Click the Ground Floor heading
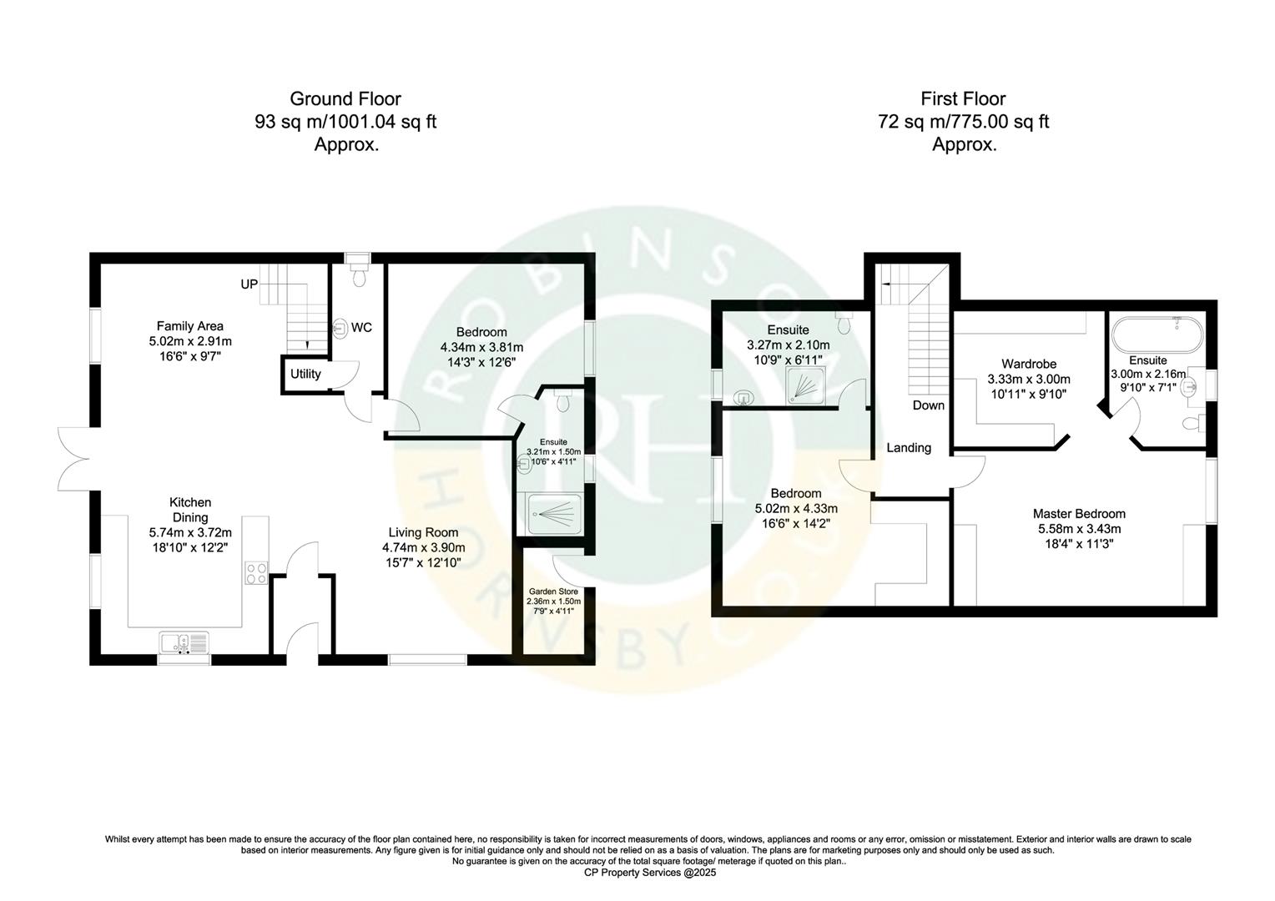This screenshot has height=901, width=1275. [x=345, y=99]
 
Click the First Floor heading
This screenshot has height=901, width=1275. [x=963, y=99]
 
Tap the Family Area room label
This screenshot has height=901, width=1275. [x=189, y=326]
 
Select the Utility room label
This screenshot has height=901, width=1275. [x=305, y=374]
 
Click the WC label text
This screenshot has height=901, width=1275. [x=361, y=328]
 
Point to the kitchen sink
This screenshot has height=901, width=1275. [x=184, y=643]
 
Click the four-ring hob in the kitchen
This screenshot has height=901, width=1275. [x=256, y=573]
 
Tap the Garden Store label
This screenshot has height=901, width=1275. [x=553, y=591]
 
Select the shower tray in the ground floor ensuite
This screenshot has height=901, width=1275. [x=553, y=514]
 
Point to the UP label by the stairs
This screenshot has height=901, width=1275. [x=249, y=284]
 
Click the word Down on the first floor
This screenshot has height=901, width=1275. [x=928, y=405]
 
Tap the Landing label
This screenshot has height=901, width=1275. [x=909, y=448]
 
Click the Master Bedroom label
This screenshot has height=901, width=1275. [x=1079, y=514]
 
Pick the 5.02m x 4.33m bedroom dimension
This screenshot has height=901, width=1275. [x=795, y=509]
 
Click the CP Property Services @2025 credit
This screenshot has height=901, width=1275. [x=637, y=873]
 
